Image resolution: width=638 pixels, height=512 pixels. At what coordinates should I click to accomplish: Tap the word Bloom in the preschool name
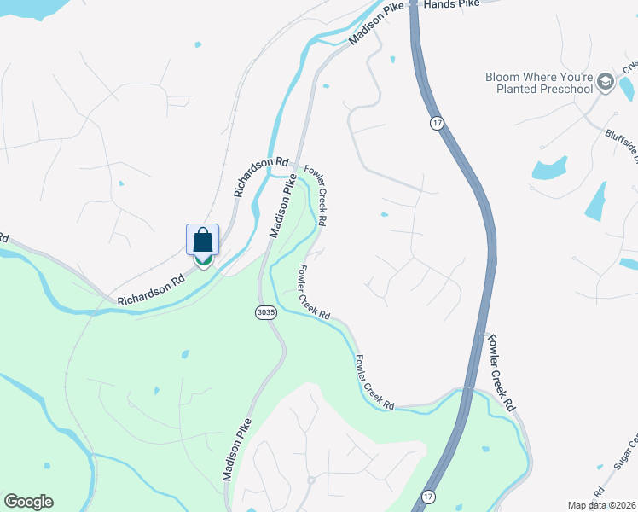click(503, 76)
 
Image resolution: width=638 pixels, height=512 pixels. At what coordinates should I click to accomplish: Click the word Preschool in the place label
click(561, 89)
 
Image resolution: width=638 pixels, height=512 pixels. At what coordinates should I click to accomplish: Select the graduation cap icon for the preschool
click(606, 81)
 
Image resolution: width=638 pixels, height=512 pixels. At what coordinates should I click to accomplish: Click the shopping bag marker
click(203, 241)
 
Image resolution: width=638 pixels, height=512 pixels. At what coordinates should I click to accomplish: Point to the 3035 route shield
click(265, 313)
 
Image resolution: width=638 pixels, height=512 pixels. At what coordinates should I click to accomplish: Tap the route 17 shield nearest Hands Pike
click(437, 124)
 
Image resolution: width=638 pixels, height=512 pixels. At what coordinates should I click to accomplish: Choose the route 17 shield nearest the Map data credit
click(427, 495)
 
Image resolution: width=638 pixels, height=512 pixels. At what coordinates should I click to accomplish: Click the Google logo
click(28, 502)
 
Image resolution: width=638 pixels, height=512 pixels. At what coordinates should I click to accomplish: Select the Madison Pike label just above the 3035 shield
click(285, 207)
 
